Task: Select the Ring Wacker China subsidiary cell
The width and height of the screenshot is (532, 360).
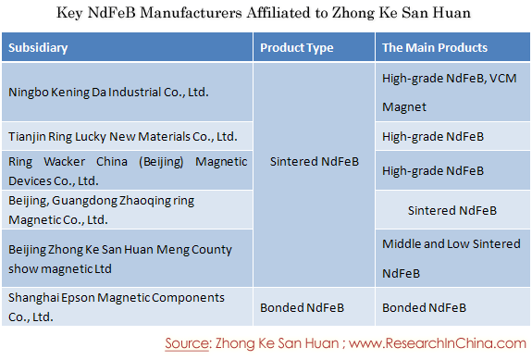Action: click(128, 171)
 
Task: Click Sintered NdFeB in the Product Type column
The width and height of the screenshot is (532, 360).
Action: click(315, 162)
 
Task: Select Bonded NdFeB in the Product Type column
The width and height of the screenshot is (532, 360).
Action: click(302, 308)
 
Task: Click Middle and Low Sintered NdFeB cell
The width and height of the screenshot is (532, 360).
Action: click(452, 258)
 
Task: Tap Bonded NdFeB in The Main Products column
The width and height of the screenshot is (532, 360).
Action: click(424, 308)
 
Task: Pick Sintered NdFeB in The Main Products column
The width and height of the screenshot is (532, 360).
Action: click(452, 210)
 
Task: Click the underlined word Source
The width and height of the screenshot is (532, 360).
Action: click(187, 343)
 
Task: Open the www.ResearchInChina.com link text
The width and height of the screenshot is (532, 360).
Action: click(438, 343)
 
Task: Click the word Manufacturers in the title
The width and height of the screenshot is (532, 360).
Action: click(191, 13)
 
